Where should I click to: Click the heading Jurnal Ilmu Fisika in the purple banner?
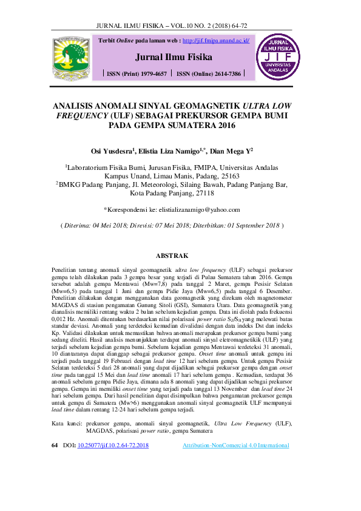tap(174, 58)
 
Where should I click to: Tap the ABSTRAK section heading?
tap(173, 256)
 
